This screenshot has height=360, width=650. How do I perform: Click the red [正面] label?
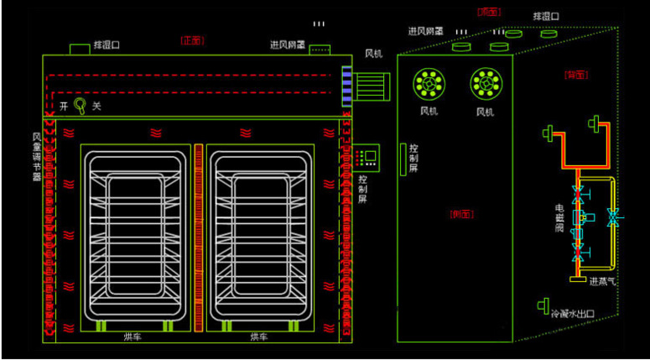pyautogui.click(x=193, y=39)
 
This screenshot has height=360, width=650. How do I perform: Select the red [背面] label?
pyautogui.click(x=575, y=75)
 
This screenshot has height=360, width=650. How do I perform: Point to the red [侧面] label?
pyautogui.click(x=462, y=212)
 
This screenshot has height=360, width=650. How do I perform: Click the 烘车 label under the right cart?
pyautogui.click(x=259, y=337)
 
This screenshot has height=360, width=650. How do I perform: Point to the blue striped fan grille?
pyautogui.click(x=346, y=85)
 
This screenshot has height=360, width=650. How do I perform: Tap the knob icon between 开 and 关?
pyautogui.click(x=81, y=106)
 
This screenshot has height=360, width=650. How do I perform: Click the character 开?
pyautogui.click(x=63, y=107)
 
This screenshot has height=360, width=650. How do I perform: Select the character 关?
pyautogui.click(x=96, y=107)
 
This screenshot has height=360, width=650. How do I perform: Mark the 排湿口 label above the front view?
pyautogui.click(x=106, y=45)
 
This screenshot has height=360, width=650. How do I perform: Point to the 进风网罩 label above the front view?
pyautogui.click(x=286, y=44)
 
